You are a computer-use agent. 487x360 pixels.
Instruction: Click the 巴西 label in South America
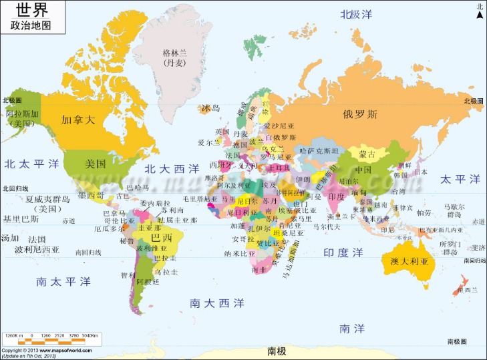coord(160,237)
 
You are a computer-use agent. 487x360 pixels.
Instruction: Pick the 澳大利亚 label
coord(408,260)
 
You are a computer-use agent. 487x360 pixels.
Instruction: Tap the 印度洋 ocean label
coord(343,252)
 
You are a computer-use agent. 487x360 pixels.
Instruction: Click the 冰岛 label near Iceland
coord(210,108)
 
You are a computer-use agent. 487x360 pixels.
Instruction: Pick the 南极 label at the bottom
coord(276,351)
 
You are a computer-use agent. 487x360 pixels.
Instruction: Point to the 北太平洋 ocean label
coord(31,164)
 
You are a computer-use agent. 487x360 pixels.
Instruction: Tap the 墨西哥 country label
coord(90,195)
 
